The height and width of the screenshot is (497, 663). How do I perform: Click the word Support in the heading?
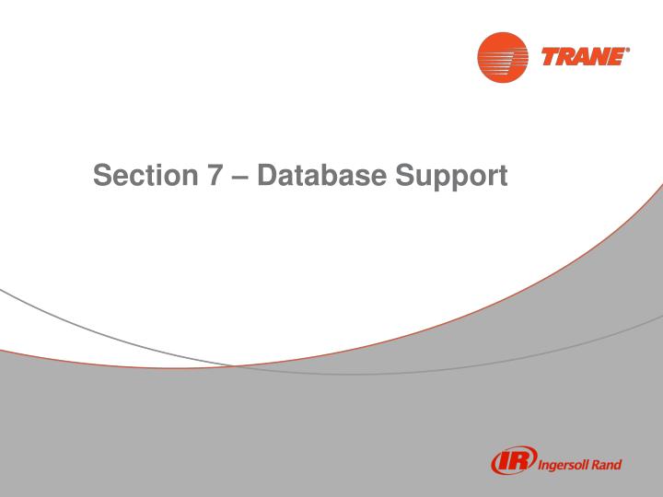(451, 175)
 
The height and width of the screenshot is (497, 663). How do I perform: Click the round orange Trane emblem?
(503, 57)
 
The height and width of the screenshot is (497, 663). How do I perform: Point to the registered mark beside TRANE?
(629, 51)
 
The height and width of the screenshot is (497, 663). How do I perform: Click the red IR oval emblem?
(513, 462)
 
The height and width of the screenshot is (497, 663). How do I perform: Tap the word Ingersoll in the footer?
(566, 465)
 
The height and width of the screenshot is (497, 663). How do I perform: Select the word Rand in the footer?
(609, 464)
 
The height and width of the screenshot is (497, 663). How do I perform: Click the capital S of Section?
(102, 173)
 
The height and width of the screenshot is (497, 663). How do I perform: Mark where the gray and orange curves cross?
(235, 365)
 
